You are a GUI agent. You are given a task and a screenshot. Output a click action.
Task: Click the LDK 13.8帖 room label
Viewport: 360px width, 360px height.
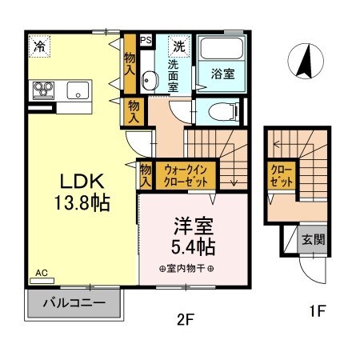tap(77, 191)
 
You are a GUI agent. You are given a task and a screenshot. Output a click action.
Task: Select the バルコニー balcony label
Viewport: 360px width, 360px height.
tap(74, 304)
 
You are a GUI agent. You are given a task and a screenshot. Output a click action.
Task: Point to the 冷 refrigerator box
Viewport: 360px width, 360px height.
tap(38, 47)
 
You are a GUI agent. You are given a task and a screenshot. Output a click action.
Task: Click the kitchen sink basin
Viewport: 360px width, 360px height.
tap(78, 89)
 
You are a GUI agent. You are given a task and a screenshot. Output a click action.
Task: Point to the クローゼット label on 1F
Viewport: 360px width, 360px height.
tap(280, 177)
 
